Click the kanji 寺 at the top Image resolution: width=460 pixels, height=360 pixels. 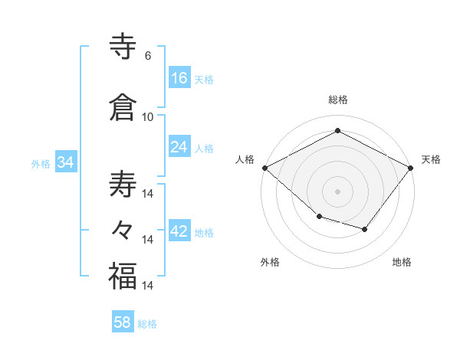click(123, 47)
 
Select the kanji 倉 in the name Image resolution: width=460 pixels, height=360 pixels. click(123, 106)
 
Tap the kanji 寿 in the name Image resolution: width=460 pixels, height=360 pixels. click(123, 185)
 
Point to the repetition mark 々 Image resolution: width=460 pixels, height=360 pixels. click(123, 229)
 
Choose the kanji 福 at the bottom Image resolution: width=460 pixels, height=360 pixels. click(123, 276)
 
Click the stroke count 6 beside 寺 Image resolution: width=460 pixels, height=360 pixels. click(148, 56)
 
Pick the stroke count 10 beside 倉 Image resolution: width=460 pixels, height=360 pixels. click(148, 116)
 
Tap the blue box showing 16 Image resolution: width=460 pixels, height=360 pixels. click(179, 77)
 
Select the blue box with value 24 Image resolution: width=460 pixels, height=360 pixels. click(179, 147)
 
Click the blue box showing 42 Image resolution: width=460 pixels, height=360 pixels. click(179, 231)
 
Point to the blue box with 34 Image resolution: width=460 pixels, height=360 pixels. click(65, 162)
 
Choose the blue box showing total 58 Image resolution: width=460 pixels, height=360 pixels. click(123, 322)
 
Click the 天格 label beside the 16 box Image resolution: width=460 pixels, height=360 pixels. click(204, 80)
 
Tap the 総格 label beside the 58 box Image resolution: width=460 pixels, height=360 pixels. click(147, 325)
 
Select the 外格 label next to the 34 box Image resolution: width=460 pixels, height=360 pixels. click(41, 164)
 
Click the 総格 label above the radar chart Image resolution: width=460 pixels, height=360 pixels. click(337, 100)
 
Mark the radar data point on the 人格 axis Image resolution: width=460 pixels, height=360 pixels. click(264, 168)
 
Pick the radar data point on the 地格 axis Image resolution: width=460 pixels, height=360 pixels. click(365, 229)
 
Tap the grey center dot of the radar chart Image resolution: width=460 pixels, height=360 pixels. click(337, 191)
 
